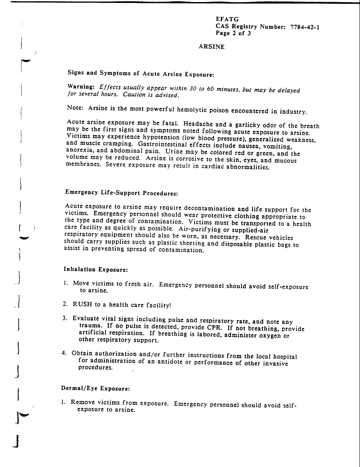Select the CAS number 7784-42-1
click(x=305, y=27)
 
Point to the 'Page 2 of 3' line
click(x=234, y=34)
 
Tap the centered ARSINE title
click(x=212, y=47)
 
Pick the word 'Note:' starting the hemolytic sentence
click(x=75, y=108)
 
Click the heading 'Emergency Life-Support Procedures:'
click(x=121, y=192)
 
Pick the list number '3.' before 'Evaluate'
click(x=66, y=318)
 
